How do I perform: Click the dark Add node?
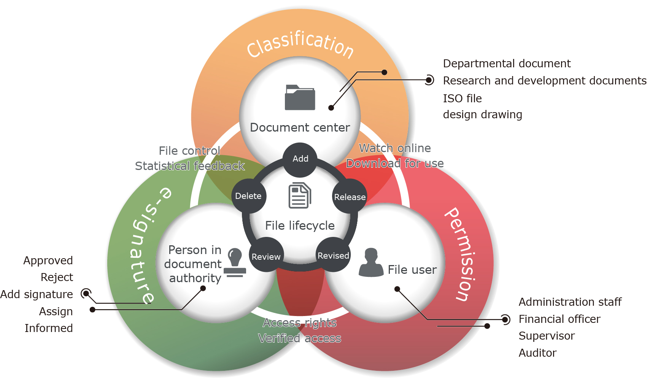300,160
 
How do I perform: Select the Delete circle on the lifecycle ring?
249,196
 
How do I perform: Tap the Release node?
350,197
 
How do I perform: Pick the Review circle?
266,255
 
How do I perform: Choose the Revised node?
333,254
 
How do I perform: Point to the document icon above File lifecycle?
300,195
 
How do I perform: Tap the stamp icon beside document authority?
235,263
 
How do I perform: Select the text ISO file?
462,98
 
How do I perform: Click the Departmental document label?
507,64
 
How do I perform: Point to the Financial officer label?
559,319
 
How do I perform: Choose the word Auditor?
537,353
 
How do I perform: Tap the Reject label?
57,277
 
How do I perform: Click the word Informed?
49,328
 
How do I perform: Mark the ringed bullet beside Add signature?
86,293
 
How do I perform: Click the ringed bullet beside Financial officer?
505,319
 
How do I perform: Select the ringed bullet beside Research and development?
429,80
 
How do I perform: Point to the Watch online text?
395,148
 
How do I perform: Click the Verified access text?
300,338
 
